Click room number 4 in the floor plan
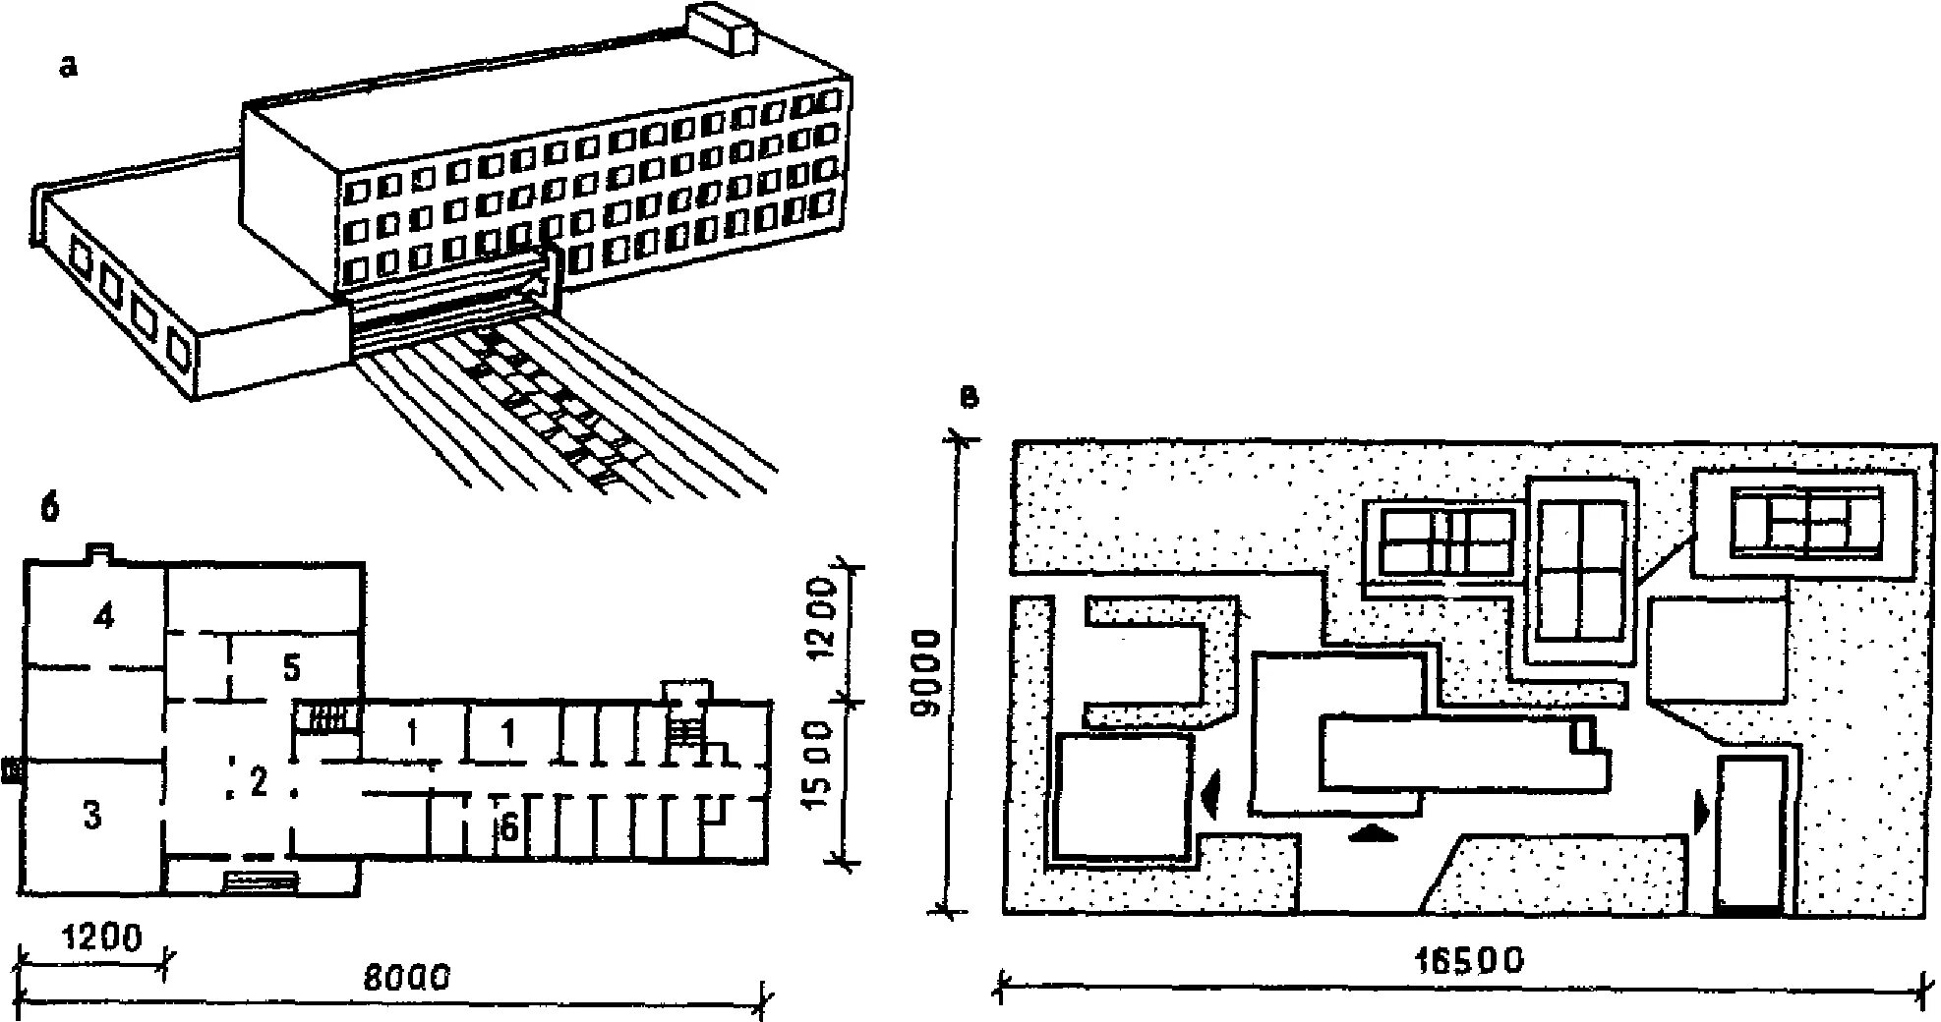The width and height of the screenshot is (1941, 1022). click(x=103, y=617)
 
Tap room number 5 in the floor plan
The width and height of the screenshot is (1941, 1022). click(x=290, y=668)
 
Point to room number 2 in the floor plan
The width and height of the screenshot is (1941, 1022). click(x=259, y=783)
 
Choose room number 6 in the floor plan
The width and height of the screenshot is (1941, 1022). click(x=508, y=828)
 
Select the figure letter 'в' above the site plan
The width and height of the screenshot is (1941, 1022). click(x=969, y=397)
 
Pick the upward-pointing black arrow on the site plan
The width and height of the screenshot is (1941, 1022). click(x=1374, y=833)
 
